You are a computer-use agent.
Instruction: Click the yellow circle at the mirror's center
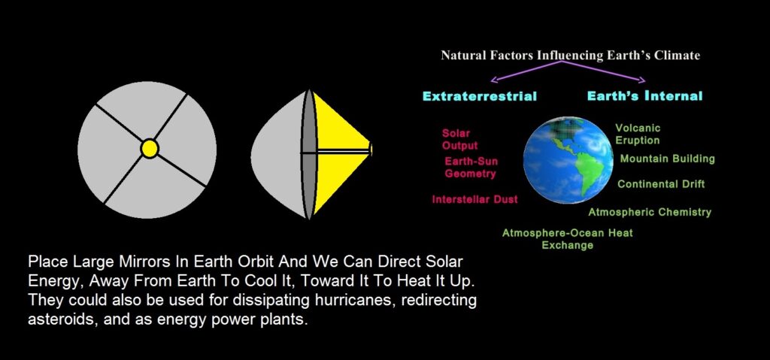point(150,148)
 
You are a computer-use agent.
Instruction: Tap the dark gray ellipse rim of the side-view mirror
point(308,154)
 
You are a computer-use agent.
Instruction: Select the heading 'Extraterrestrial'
point(480,96)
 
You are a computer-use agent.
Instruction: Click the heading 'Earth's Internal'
point(644,95)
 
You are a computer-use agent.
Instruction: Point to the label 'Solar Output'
point(459,140)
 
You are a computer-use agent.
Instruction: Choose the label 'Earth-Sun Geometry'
point(471,168)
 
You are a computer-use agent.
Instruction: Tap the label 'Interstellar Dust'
point(475,199)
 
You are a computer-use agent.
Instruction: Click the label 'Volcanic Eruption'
point(638,134)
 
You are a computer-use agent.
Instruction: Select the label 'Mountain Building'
point(668,159)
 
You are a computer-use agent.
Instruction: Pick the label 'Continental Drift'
point(661,184)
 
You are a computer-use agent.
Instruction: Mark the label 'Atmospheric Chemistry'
point(650,212)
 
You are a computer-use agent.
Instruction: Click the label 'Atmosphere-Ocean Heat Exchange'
point(567,239)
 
